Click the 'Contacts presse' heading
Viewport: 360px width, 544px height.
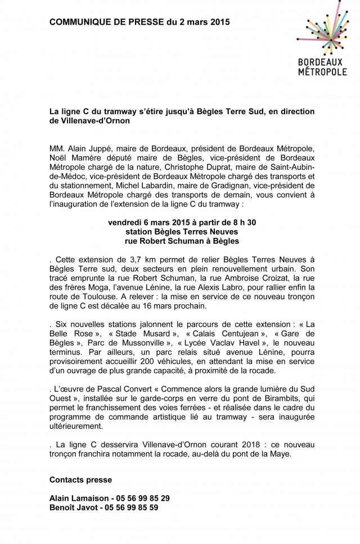80,480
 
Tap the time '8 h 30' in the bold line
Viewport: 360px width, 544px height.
244,223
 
